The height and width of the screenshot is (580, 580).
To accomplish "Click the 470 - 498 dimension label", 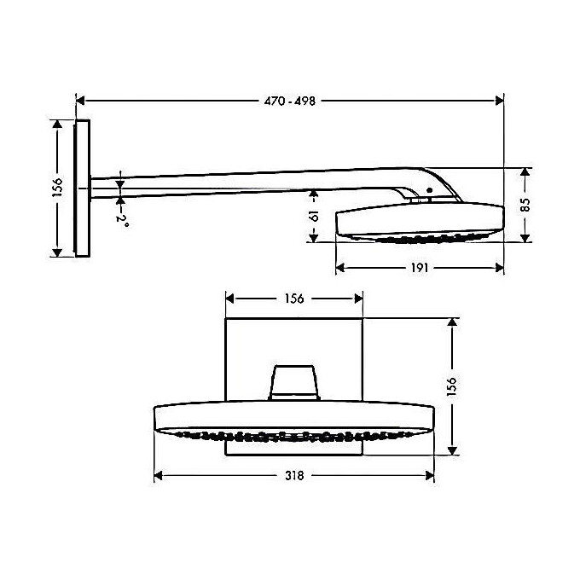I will (290, 101).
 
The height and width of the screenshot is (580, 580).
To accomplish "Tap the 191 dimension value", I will (418, 267).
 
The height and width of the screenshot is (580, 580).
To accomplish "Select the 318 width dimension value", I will (293, 475).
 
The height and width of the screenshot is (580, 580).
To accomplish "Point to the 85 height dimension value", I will (525, 205).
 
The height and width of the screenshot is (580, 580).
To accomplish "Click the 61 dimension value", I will (314, 216).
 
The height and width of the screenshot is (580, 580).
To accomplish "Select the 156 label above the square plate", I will (293, 299).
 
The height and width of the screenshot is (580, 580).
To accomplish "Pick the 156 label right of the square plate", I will (452, 386).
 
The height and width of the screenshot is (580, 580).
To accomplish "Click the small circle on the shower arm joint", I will (430, 190).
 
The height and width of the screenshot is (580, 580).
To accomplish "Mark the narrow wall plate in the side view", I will (82, 188).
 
